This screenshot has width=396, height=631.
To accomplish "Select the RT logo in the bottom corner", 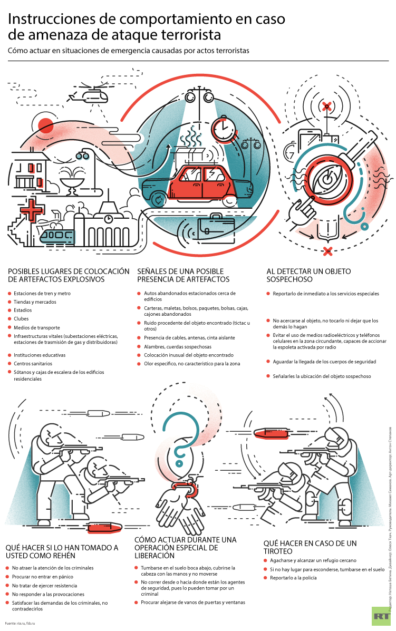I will [380, 616].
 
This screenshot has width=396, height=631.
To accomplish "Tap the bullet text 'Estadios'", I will [23, 310].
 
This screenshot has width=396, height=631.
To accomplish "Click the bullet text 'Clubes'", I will [21, 318].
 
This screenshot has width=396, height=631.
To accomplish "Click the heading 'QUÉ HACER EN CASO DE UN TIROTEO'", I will [310, 547].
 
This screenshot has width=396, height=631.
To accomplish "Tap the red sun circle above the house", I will [45, 126].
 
